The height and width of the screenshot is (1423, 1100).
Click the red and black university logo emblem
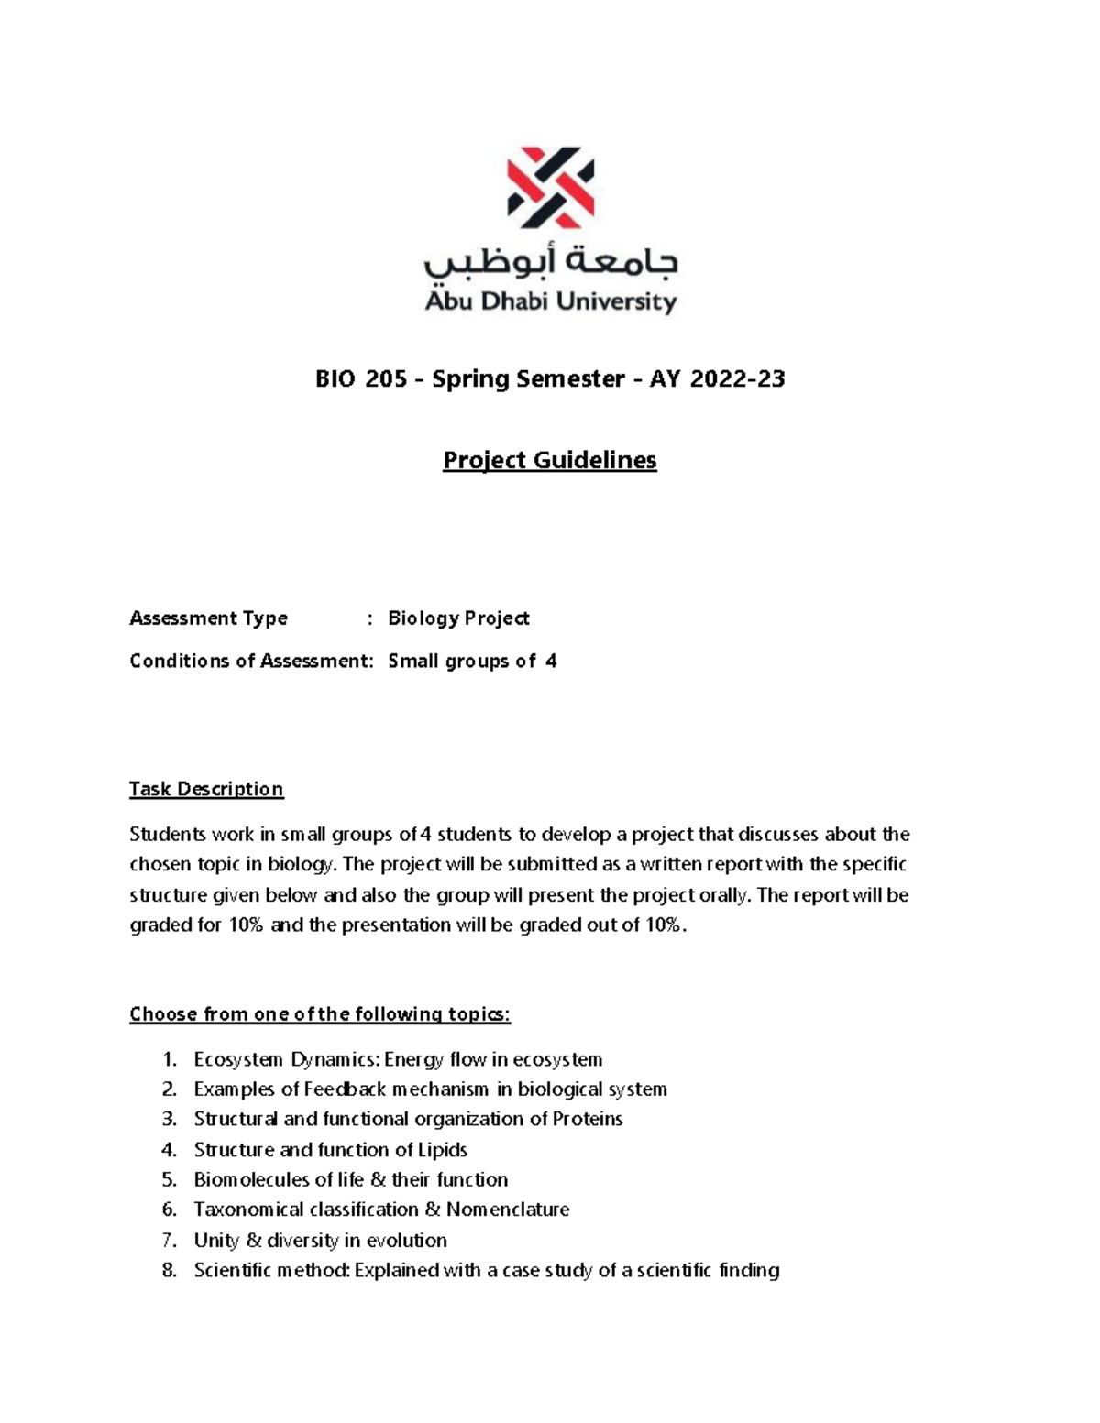[550, 188]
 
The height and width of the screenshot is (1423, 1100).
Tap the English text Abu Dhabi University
[550, 301]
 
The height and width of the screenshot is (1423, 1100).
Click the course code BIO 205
[361, 378]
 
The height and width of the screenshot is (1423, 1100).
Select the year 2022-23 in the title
[737, 378]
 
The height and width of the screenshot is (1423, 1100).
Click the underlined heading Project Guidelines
[550, 460]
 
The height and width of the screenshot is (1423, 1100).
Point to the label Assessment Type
[208, 618]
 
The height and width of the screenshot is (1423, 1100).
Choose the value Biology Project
[458, 618]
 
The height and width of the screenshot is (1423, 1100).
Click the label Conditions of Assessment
[250, 662]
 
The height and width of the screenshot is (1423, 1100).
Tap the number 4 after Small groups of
[550, 662]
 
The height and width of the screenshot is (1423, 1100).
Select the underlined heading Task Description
[206, 789]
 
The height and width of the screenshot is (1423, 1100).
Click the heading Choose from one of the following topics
[320, 1014]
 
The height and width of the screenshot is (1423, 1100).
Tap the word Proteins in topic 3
[588, 1120]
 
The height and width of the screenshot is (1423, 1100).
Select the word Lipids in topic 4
[443, 1150]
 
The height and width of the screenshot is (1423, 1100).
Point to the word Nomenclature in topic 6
[508, 1210]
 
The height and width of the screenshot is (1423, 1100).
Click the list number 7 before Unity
[169, 1241]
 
